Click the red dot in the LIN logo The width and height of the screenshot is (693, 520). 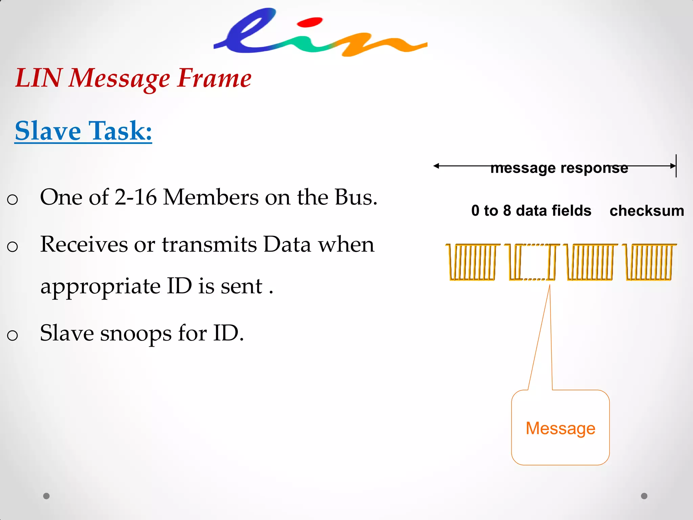pyautogui.click(x=309, y=23)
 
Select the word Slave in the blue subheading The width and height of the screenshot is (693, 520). pyautogui.click(x=48, y=131)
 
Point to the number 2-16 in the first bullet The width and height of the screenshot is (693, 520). pyautogui.click(x=135, y=197)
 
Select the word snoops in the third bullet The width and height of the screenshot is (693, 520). pyautogui.click(x=136, y=334)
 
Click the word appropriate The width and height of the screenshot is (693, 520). pyautogui.click(x=100, y=286)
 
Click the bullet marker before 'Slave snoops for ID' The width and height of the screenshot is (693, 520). pyautogui.click(x=13, y=335)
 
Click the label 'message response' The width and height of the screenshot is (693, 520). pyautogui.click(x=559, y=168)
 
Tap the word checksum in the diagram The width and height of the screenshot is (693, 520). pyautogui.click(x=647, y=211)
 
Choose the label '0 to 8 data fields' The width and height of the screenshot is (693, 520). pyautogui.click(x=531, y=211)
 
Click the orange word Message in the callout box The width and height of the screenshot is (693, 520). pyautogui.click(x=560, y=428)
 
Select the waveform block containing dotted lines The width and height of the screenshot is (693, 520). pyautogui.click(x=532, y=262)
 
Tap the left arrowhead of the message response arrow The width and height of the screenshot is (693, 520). pyautogui.click(x=437, y=166)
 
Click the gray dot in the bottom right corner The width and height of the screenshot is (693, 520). pyautogui.click(x=644, y=496)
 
